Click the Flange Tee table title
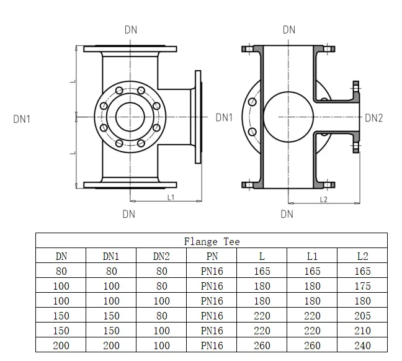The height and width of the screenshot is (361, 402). tap(212, 241)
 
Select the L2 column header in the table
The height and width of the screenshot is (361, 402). tap(362, 256)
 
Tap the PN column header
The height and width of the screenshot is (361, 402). tap(212, 256)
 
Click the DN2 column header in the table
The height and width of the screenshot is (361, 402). tap(161, 256)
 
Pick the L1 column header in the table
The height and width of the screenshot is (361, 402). tap(312, 256)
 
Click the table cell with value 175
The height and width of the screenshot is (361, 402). tap(362, 286)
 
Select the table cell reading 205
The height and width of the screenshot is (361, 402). tap(362, 316)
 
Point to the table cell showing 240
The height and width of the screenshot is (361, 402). tap(362, 345)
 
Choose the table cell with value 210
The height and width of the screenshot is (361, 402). tap(362, 331)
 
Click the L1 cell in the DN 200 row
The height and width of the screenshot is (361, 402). tap(312, 345)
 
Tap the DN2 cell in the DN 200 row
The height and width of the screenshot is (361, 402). tap(161, 345)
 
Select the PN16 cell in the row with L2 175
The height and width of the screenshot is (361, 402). tap(212, 286)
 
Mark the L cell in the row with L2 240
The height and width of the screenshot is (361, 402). tap(262, 345)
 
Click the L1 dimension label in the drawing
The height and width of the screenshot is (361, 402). tap(171, 197)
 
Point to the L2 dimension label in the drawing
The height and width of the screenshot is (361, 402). tap(323, 199)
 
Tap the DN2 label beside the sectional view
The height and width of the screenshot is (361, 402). tap(374, 117)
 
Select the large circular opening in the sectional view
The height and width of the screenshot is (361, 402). tap(287, 116)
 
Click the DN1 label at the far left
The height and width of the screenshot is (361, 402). tap(22, 118)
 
